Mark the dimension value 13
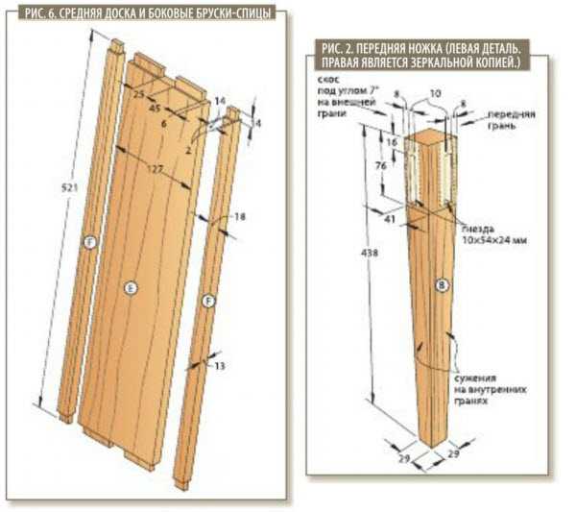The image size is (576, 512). click(220, 366)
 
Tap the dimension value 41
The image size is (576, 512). click(391, 220)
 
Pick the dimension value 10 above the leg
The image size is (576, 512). click(435, 94)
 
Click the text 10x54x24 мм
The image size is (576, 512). click(494, 242)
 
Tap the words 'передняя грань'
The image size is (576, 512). click(511, 118)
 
